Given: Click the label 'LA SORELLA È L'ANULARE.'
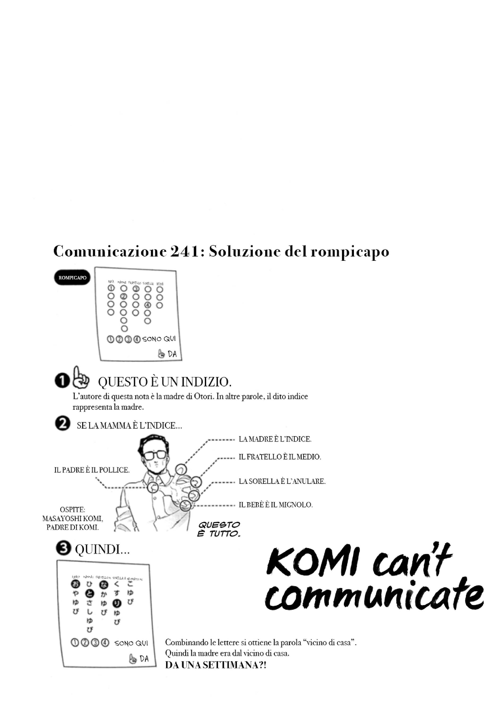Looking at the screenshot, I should pos(282,481).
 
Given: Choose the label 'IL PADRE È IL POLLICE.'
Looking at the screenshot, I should pos(92,470).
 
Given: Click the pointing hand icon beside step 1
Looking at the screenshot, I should pos(81,378).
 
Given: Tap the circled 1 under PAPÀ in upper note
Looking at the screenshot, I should pos(111,288).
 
